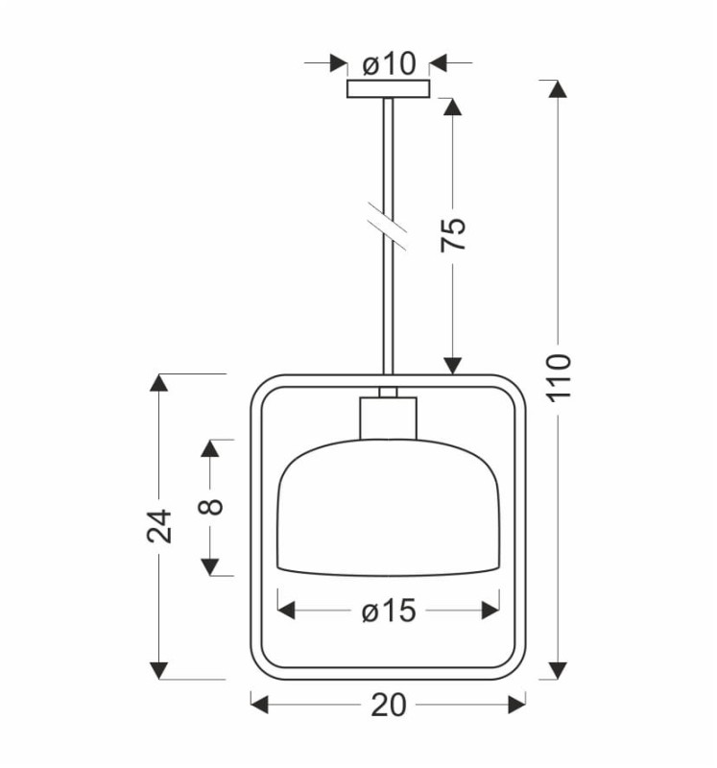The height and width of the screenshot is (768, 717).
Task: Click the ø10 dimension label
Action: click(x=389, y=63)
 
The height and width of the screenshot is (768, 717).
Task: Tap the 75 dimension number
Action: click(x=452, y=234)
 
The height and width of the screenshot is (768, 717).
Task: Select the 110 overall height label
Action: click(x=559, y=377)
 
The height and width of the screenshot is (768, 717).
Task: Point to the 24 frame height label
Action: click(x=159, y=525)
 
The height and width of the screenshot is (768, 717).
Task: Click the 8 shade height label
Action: click(x=210, y=507)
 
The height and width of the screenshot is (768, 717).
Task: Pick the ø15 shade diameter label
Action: click(x=389, y=611)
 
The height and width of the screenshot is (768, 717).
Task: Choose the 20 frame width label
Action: click(x=389, y=705)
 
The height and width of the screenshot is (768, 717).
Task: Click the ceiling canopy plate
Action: click(x=389, y=88)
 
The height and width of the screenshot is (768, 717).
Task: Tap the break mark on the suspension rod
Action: click(x=388, y=226)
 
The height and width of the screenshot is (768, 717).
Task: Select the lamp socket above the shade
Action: click(x=389, y=418)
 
